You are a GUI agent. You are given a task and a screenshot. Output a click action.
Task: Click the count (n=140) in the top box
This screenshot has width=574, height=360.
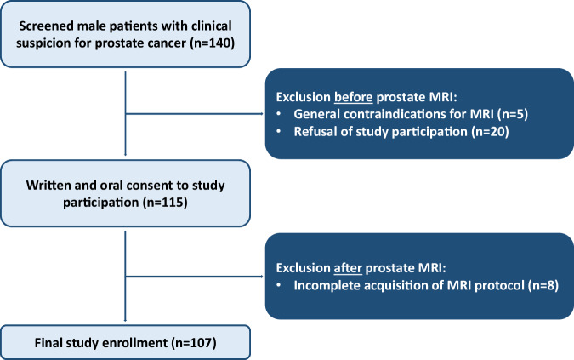(213, 43)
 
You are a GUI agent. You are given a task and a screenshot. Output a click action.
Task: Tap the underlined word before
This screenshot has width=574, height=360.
(353, 97)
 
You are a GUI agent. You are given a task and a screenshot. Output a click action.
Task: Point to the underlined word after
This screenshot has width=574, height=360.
(348, 268)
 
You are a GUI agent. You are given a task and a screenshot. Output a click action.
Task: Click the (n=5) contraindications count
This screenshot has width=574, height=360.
(513, 114)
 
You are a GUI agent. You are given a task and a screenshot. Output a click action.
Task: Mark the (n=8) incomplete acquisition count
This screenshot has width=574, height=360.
(543, 286)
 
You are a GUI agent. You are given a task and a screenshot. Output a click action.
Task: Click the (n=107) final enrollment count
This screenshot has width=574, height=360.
(194, 343)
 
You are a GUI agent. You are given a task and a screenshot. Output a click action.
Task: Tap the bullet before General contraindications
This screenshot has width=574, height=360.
(279, 114)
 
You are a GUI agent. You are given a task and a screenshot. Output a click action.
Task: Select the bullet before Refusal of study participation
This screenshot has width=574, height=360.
(279, 132)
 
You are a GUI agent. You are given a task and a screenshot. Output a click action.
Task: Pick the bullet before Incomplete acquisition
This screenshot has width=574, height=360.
(279, 286)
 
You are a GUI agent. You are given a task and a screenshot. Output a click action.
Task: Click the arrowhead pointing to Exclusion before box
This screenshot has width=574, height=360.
(261, 114)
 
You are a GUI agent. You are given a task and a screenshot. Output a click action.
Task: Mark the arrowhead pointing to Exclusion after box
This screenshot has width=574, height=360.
(261, 277)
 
